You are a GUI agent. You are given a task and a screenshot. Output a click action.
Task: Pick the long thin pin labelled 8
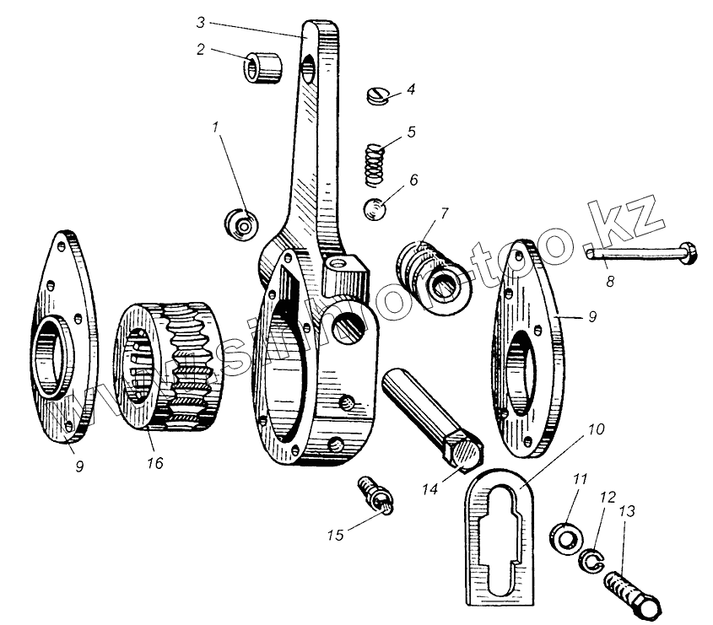tap(640, 251)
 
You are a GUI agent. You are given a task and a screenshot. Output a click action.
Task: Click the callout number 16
tap(155, 463)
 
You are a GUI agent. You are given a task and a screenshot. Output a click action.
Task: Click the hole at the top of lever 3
tap(309, 65)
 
